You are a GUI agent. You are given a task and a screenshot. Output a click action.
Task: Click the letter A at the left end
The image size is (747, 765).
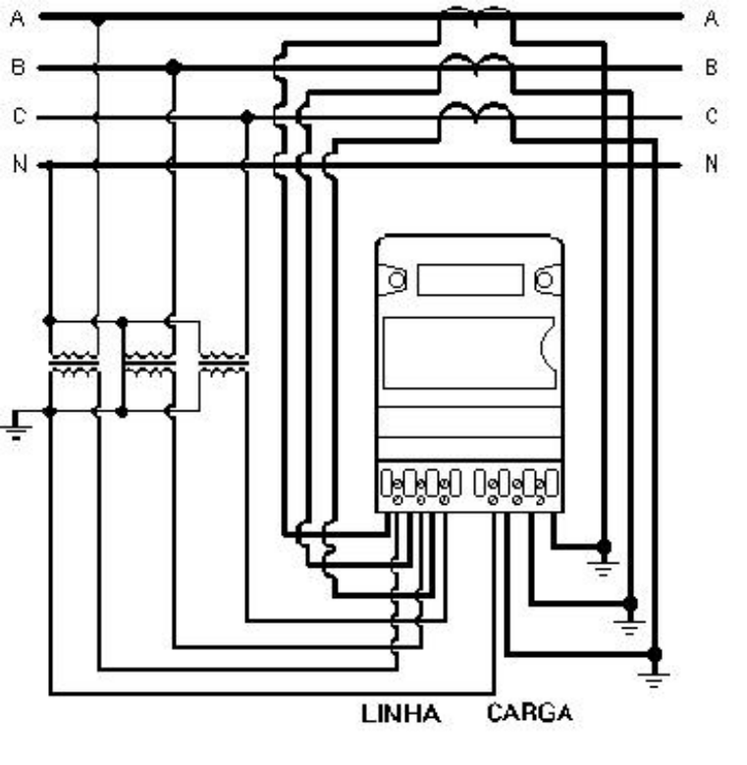[17, 19]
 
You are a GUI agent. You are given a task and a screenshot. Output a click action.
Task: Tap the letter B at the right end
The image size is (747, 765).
[712, 67]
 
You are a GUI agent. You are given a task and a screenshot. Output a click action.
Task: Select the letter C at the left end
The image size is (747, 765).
[19, 116]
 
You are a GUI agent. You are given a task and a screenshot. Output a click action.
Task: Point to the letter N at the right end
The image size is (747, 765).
[712, 163]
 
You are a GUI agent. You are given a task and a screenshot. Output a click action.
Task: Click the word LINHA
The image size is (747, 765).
[400, 714]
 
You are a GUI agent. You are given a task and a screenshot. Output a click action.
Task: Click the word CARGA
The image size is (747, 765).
[529, 713]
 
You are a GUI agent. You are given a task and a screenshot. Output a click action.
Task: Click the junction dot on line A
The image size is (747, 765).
[98, 20]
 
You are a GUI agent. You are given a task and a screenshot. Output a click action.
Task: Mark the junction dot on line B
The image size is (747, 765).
[173, 68]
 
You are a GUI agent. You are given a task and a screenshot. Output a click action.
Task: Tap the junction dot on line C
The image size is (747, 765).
[247, 117]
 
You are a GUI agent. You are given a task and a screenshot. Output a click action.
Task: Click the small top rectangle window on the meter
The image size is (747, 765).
[470, 280]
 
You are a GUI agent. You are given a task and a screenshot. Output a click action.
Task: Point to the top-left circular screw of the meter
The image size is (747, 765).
[397, 280]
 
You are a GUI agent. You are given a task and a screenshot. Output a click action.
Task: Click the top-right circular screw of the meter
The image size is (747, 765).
[544, 280]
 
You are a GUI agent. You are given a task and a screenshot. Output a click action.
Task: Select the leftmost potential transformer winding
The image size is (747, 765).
[74, 363]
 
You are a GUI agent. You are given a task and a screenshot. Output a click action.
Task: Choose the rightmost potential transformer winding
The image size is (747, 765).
[223, 363]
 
